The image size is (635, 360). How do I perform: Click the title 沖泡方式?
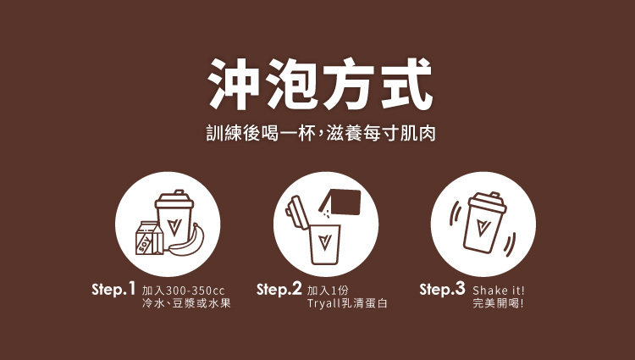[320, 84]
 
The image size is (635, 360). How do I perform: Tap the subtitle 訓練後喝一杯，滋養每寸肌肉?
[321, 134]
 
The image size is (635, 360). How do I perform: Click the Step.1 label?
[113, 290]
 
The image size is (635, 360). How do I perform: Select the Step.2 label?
[279, 290]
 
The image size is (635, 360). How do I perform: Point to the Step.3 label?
[442, 290]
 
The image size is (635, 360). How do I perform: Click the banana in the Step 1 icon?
[187, 242]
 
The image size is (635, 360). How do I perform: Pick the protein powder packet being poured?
[340, 202]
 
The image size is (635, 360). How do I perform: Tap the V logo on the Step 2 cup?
[325, 241]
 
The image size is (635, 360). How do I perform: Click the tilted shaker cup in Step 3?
[484, 223]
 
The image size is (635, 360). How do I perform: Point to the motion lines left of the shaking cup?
[456, 213]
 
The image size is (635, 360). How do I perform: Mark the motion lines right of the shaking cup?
[510, 245]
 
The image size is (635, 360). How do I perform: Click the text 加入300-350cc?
[183, 291]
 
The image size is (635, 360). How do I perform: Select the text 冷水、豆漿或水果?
[186, 303]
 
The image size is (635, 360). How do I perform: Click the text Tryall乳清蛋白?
[347, 303]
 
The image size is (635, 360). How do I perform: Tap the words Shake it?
[499, 291]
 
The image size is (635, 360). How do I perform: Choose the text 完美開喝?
[498, 303]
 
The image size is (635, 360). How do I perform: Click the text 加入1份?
[328, 291]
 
